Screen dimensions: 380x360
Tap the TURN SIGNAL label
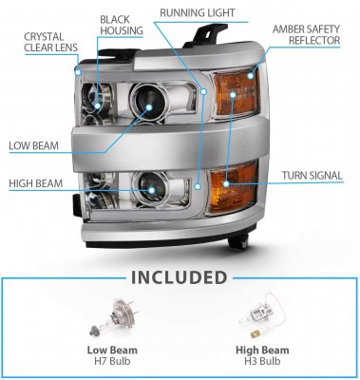tap(311, 176)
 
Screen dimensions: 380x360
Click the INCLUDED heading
tap(180, 277)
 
